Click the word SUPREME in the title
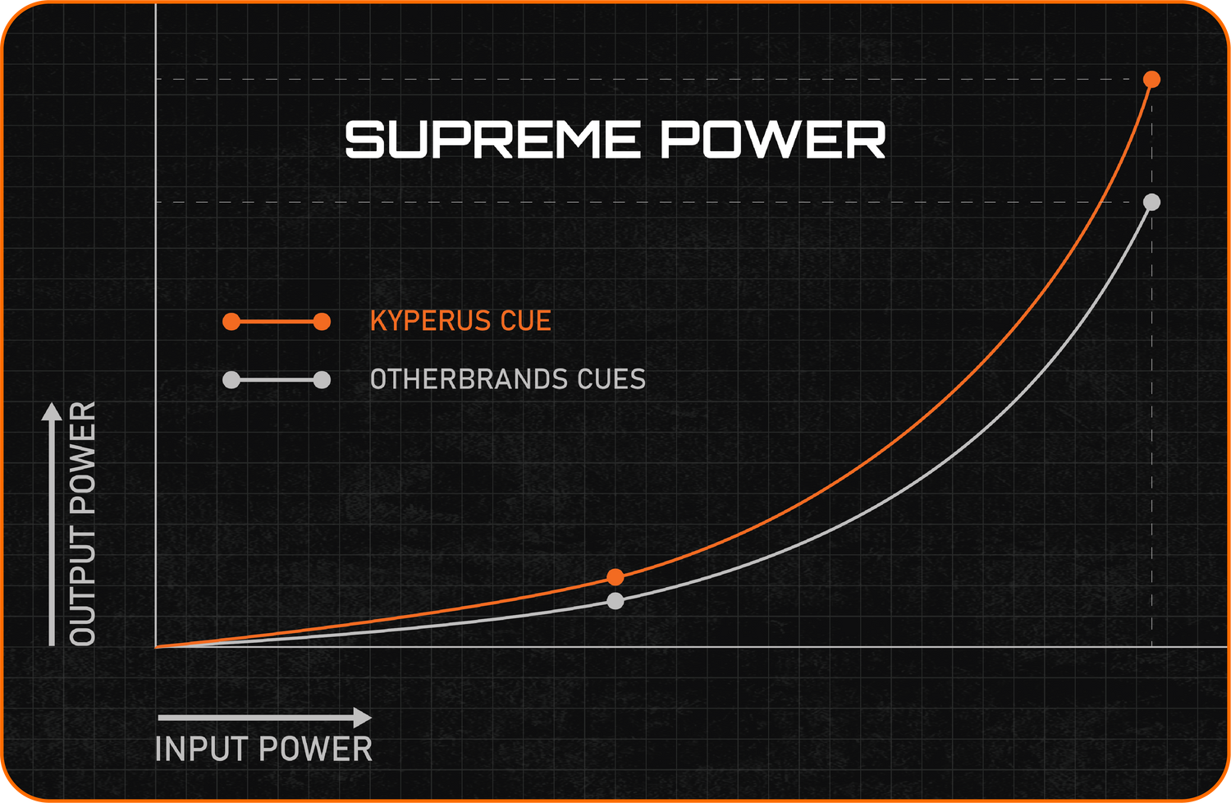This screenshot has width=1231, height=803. pos(492,140)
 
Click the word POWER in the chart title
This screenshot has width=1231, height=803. pos(773,140)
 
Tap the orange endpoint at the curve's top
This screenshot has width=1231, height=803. pos(1151,80)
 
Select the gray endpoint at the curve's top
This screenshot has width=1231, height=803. pos(1151,203)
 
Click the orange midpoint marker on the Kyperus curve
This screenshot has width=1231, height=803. pos(615,577)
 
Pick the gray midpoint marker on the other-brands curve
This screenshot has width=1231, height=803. pos(615,601)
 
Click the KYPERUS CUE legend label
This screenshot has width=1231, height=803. pos(460,321)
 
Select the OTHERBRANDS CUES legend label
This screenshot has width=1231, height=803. pos(508,379)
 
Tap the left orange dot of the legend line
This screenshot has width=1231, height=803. pos(231,322)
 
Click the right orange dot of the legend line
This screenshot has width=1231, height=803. pos(322,322)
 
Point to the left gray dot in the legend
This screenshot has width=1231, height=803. pos(231,380)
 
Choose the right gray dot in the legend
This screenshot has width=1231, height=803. pos(322,380)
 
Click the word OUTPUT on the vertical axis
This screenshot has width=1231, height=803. pos(82,587)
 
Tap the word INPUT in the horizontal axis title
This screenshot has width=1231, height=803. pos(200,749)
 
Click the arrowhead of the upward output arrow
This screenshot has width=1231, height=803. pos(52,411)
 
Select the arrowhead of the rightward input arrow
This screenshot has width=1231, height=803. pos(362,718)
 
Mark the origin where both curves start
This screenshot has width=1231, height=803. pos(157,647)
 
